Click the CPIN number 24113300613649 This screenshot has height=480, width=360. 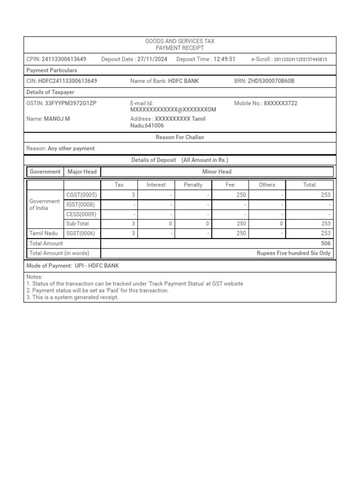pos(64,59)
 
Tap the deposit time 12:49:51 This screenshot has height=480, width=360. pos(224,59)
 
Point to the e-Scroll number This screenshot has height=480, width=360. pos(300,60)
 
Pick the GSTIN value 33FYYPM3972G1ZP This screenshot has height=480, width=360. pos(70,103)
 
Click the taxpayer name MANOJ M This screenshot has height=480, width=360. pos(57,119)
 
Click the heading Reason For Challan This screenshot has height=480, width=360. pos(180,137)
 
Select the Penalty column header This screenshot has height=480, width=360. pos(193,185)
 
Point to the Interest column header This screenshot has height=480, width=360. pos(156,185)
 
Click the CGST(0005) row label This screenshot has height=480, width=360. pos(82,195)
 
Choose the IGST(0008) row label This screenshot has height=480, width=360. pos(82,205)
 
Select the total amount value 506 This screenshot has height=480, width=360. pos(326,243)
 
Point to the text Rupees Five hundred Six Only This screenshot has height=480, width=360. pos(293,253)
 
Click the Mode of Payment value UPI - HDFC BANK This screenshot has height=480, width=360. pos(97,266)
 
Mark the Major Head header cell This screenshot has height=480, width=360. pos(82,172)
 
